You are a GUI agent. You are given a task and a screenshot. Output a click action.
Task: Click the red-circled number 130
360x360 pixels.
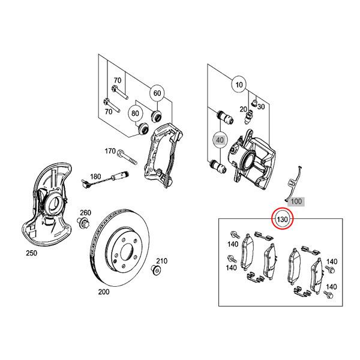coord(283,220)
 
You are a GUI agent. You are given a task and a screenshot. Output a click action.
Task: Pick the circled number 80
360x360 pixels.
coord(135,112)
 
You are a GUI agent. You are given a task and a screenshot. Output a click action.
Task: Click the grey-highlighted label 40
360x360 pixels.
coord(220,140)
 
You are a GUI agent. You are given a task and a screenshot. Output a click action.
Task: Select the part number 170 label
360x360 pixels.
coord(110,151)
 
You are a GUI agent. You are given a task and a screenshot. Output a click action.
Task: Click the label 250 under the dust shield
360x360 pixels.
coord(31,253)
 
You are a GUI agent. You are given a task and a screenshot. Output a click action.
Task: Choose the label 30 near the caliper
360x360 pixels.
coord(261,106)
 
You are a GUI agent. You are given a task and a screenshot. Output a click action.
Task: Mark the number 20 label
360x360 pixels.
coord(243,109)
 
